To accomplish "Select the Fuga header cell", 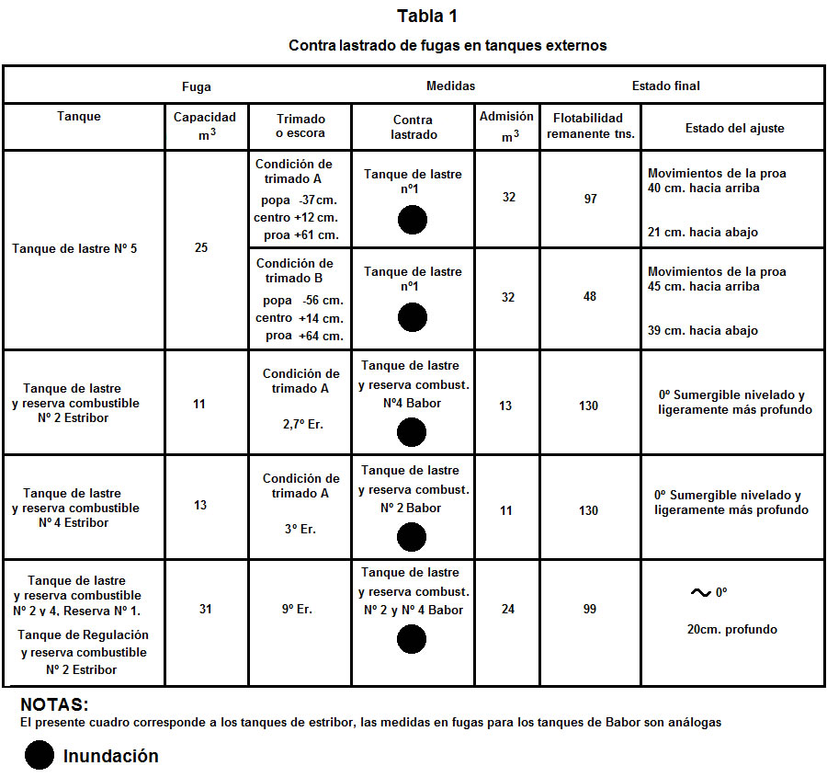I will (197, 86).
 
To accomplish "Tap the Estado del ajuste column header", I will (734, 128).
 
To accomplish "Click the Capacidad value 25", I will (201, 248).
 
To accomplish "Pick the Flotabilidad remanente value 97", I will (590, 198).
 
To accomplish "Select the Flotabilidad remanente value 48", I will (590, 296).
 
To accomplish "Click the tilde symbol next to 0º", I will (700, 593).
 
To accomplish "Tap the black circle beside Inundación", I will (39, 756).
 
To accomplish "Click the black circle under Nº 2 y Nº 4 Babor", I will (413, 639).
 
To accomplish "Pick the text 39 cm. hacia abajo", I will (703, 330).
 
